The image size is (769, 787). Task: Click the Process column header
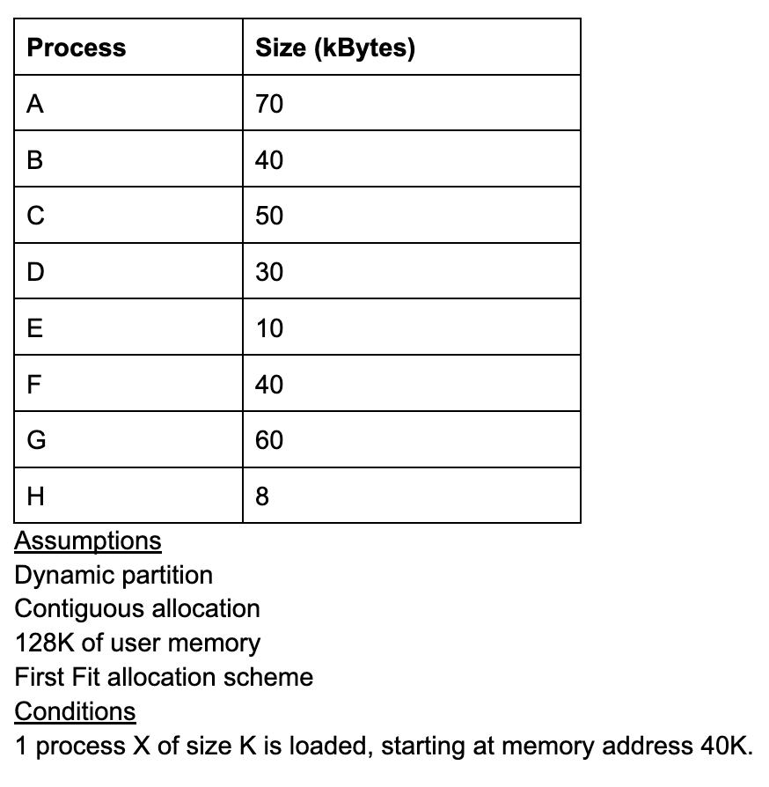(77, 48)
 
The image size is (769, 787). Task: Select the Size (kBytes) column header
(334, 48)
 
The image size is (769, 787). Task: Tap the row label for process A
(35, 104)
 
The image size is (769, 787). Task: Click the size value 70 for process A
(269, 104)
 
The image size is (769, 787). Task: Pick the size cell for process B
(269, 160)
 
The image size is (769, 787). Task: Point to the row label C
(36, 217)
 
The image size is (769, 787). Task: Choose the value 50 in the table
(269, 217)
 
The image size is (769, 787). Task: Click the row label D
(36, 273)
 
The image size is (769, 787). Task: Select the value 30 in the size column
(269, 273)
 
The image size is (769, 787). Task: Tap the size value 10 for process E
(269, 329)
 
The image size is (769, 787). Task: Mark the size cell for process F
(269, 385)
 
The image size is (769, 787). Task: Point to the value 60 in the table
(269, 440)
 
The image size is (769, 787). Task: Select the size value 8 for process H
(262, 496)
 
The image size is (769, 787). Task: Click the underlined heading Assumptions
(88, 541)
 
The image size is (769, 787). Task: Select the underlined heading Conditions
(76, 711)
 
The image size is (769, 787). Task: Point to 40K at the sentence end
(725, 747)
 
